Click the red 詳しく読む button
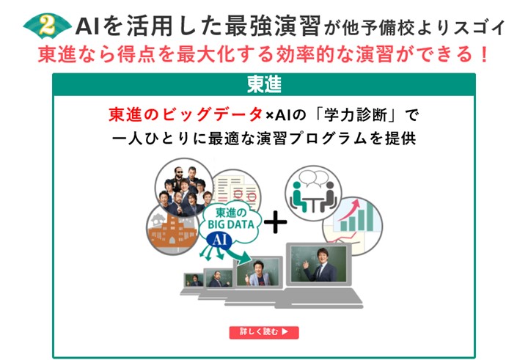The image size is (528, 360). click(264, 332)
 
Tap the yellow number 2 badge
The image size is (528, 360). click(47, 26)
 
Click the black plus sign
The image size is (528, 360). click(275, 222)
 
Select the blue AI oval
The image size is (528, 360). click(219, 240)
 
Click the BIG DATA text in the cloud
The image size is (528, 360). click(231, 224)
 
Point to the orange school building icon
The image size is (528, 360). click(172, 230)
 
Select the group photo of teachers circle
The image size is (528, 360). click(184, 188)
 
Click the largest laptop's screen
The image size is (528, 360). click(318, 264)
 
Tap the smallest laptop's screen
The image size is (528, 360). click(194, 280)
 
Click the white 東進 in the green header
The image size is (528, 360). click(264, 84)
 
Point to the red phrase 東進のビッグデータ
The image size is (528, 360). click(186, 114)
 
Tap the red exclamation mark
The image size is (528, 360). click(484, 54)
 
